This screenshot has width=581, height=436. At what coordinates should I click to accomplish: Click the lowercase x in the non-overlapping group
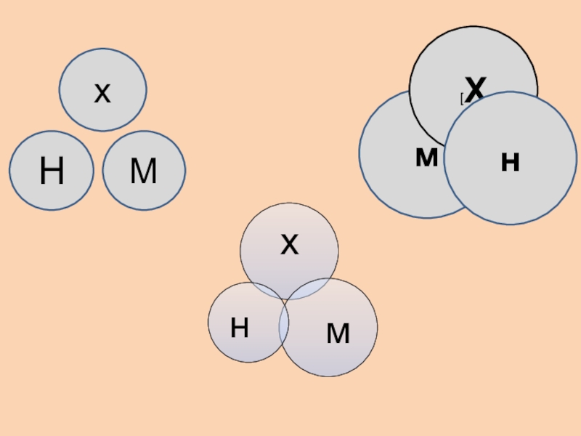click(102, 93)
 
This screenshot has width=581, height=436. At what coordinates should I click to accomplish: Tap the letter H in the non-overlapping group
click(52, 172)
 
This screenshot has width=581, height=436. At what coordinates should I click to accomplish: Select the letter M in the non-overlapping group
click(143, 172)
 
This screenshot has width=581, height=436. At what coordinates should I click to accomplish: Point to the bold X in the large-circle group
click(474, 91)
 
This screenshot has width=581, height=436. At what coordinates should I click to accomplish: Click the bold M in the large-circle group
click(426, 158)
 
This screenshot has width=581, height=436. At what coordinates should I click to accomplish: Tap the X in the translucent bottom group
click(289, 246)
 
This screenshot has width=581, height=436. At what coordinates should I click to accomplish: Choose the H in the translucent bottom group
click(240, 329)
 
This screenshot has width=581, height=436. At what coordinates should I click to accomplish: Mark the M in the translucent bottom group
click(338, 334)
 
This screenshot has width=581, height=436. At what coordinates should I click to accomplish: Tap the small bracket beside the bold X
click(461, 98)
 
